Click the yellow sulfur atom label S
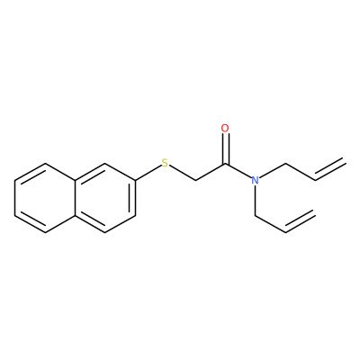click(x=165, y=163)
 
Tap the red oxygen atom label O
click(x=225, y=129)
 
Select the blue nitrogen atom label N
click(x=255, y=180)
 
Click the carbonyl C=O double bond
click(x=225, y=148)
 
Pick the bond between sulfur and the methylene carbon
click(x=182, y=173)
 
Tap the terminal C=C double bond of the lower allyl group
click(x=300, y=220)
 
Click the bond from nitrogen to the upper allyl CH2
click(x=272, y=171)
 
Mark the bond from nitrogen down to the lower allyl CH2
click(x=255, y=201)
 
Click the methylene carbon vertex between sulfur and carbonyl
click(x=195, y=181)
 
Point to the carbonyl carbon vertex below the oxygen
click(x=225, y=164)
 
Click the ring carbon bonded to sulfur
click(x=135, y=181)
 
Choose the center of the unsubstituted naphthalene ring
click(x=45, y=198)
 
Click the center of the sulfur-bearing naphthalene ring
click(x=105, y=198)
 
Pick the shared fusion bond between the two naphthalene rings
click(x=75, y=198)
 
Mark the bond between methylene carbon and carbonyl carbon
click(x=211, y=172)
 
